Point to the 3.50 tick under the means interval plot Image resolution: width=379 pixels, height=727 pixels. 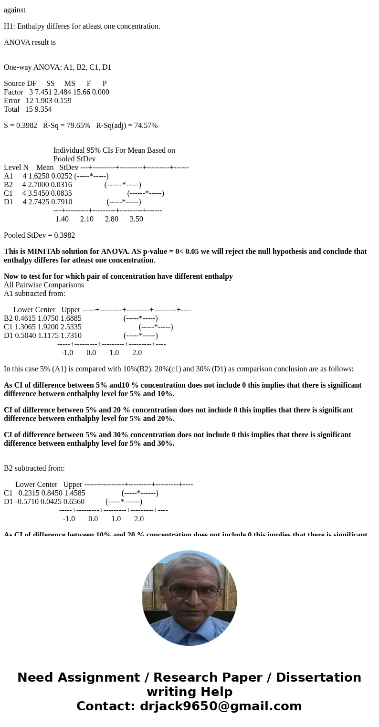click(x=136, y=219)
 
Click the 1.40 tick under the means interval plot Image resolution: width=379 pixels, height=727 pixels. click(x=62, y=219)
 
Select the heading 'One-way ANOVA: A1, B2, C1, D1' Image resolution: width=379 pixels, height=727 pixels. click(x=57, y=67)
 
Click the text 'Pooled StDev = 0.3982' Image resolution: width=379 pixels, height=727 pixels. click(x=39, y=235)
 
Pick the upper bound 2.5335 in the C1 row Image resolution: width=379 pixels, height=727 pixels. click(x=71, y=327)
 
